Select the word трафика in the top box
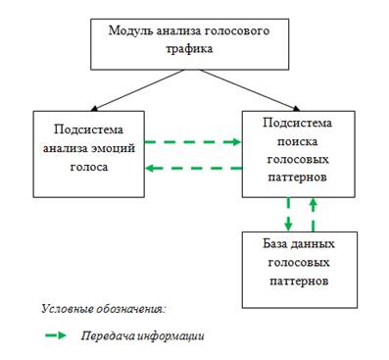click(x=189, y=49)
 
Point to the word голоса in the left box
click(x=89, y=167)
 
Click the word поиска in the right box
click(x=297, y=141)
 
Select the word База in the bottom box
click(x=274, y=244)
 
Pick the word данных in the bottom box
click(x=313, y=244)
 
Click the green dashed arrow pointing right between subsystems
click(x=193, y=142)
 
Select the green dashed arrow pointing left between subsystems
click(x=193, y=169)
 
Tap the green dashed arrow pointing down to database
click(x=288, y=214)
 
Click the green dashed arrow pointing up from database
click(x=313, y=214)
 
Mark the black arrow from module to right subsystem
click(x=250, y=90)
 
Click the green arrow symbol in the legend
click(x=56, y=335)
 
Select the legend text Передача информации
click(x=143, y=335)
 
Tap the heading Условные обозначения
click(x=104, y=309)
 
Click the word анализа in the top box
click(x=177, y=31)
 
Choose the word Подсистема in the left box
click(x=89, y=129)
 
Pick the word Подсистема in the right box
click(x=297, y=123)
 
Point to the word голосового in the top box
click(x=236, y=31)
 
